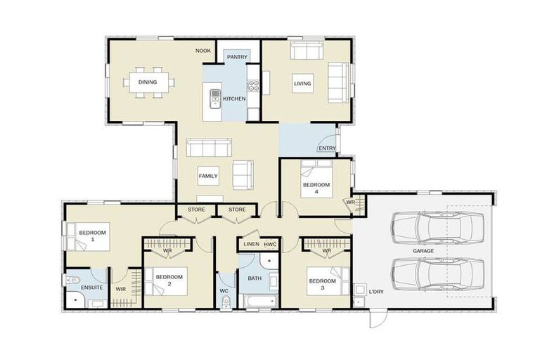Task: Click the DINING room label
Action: click(148, 82)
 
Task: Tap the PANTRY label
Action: click(237, 56)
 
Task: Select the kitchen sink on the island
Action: click(215, 98)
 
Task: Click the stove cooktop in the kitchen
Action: click(253, 86)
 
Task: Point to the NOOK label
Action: click(203, 51)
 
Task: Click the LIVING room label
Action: click(302, 84)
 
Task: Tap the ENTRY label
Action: click(327, 148)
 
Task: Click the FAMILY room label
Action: click(208, 176)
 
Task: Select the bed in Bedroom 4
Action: click(316, 179)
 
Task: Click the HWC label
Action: click(270, 244)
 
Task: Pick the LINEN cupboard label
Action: click(252, 244)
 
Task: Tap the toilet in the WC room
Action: click(226, 302)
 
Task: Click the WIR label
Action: click(120, 289)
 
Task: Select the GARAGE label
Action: click(423, 251)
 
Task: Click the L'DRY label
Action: click(376, 291)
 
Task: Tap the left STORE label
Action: click(196, 210)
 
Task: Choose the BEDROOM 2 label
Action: click(169, 280)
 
